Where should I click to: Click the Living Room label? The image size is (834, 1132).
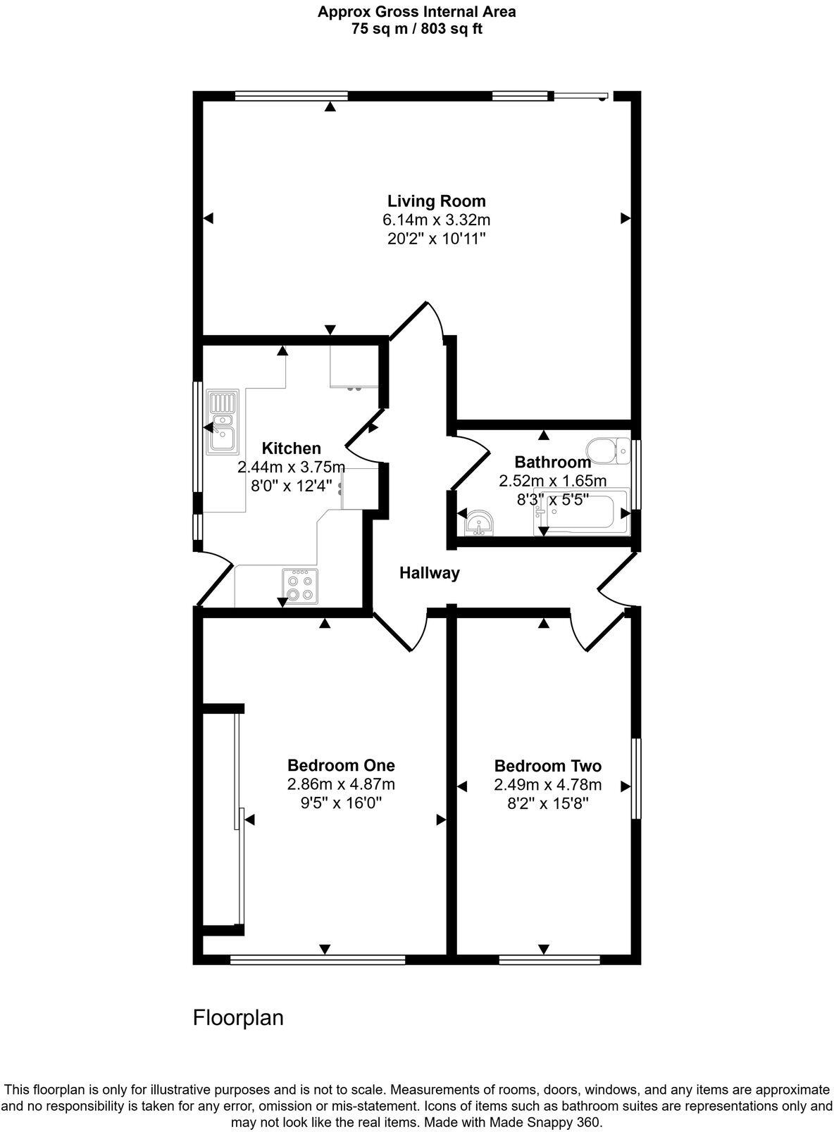436,201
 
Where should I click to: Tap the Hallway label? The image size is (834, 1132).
429,573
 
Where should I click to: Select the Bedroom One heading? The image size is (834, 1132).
341,765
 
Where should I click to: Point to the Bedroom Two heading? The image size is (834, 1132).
547,766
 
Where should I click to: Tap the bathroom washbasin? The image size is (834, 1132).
480,523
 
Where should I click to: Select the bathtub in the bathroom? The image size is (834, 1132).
582,512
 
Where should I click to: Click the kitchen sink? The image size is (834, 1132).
223,422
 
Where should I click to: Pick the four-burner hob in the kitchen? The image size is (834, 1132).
300,586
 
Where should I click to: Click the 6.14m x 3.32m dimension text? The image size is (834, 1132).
436,220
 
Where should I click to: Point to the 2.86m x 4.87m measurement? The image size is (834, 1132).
341,784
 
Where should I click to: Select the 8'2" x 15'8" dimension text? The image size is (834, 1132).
547,803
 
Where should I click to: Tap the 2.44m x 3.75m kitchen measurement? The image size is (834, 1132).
291,467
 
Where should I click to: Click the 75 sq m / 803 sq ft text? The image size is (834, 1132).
416,30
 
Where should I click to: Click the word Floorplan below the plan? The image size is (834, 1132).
238,1018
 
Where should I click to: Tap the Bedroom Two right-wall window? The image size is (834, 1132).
636,778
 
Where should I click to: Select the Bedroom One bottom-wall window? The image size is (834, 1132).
317,958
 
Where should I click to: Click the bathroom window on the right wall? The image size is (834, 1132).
636,474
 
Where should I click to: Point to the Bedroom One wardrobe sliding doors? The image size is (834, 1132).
239,820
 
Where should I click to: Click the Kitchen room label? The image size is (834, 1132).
291,448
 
